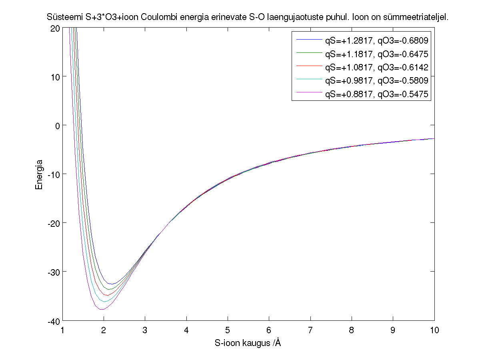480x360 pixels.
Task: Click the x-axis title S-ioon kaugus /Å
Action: click(x=248, y=343)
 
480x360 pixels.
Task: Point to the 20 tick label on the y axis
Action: click(x=55, y=28)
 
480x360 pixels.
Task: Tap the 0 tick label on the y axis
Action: click(x=58, y=126)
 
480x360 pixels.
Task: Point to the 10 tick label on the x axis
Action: click(x=434, y=330)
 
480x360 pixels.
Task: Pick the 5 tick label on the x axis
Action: click(x=228, y=330)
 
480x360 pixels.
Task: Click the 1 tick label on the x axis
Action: click(x=62, y=330)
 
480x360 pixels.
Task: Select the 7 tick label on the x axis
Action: click(x=310, y=330)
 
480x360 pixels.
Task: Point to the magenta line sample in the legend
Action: click(x=309, y=94)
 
